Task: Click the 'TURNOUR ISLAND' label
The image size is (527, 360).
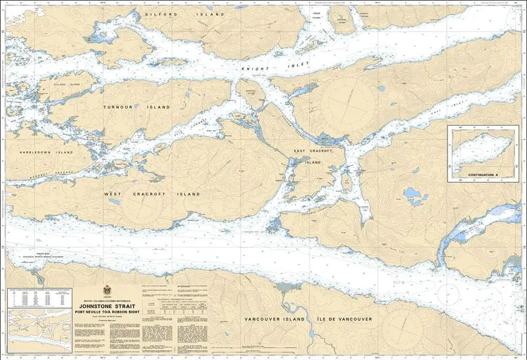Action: coord(136,106)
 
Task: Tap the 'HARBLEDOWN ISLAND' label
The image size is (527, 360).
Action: coord(46,152)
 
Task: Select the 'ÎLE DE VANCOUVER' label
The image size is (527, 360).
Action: coord(346,319)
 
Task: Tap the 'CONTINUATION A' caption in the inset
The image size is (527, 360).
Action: coord(484,176)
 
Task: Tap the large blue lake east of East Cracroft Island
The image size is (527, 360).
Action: coord(413,194)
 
